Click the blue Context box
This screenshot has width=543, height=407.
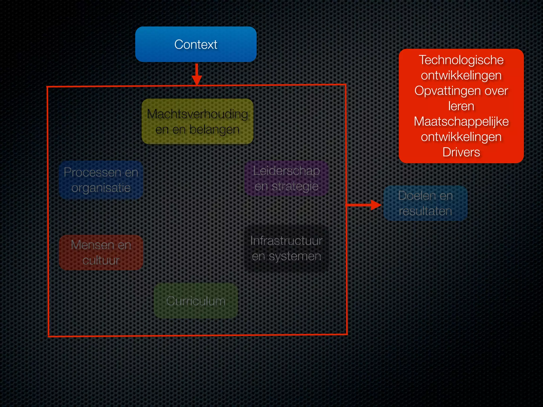point(196,44)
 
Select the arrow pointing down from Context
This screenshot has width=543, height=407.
point(196,74)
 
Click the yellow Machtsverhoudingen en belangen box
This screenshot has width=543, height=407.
point(198,121)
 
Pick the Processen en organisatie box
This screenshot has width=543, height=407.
point(101,180)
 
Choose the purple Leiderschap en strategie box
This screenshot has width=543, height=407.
point(286,178)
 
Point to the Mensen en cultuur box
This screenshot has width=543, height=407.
point(101,253)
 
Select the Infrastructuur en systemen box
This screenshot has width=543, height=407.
point(286,248)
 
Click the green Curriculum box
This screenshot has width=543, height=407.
point(196,301)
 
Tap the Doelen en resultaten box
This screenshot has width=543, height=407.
point(425,203)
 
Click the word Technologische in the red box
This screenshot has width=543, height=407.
point(461,60)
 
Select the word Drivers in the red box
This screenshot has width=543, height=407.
point(461,152)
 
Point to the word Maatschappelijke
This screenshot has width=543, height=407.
point(461,121)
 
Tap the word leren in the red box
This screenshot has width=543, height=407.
point(461,106)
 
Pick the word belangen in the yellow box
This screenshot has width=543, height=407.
point(214,130)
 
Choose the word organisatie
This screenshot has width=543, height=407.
point(101,188)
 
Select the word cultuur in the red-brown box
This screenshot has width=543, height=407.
point(101,260)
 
